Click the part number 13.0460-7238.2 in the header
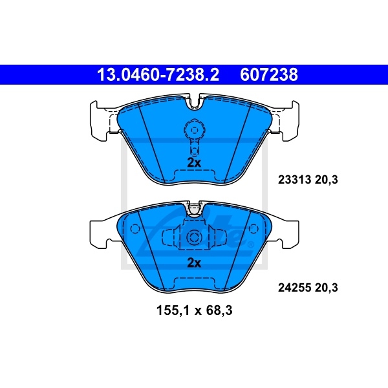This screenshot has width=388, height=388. tap(158, 76)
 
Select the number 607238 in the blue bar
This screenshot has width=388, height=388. tap(269, 76)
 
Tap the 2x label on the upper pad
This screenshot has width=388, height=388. tap(194, 162)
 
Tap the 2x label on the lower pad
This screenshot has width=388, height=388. tap(194, 263)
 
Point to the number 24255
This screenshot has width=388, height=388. tap(292, 285)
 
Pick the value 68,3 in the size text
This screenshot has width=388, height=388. tap(218, 310)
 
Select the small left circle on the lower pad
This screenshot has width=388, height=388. tap(135, 229)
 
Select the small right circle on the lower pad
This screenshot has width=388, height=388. tap(253, 229)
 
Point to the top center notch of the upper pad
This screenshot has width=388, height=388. tap(194, 102)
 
